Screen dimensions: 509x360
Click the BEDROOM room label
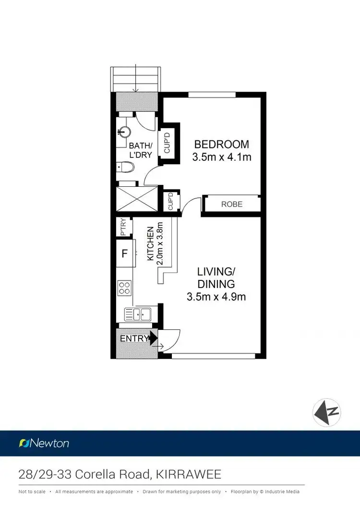221,144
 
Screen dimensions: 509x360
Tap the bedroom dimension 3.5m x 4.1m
221,157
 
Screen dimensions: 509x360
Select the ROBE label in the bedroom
232,204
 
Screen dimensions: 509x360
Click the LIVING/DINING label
217,278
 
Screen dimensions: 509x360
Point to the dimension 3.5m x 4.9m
216,297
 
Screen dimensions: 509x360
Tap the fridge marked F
125,254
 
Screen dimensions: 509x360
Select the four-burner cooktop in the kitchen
124,288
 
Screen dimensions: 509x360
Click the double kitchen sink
137,315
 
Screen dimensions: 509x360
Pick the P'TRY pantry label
123,227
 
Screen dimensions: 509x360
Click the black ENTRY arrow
153,338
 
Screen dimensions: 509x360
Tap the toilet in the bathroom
125,167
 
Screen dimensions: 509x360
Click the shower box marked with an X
136,198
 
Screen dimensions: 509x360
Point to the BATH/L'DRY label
141,150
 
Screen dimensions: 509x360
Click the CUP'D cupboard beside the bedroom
168,143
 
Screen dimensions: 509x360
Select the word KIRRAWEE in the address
189,475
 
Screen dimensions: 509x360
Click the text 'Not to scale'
32,492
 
